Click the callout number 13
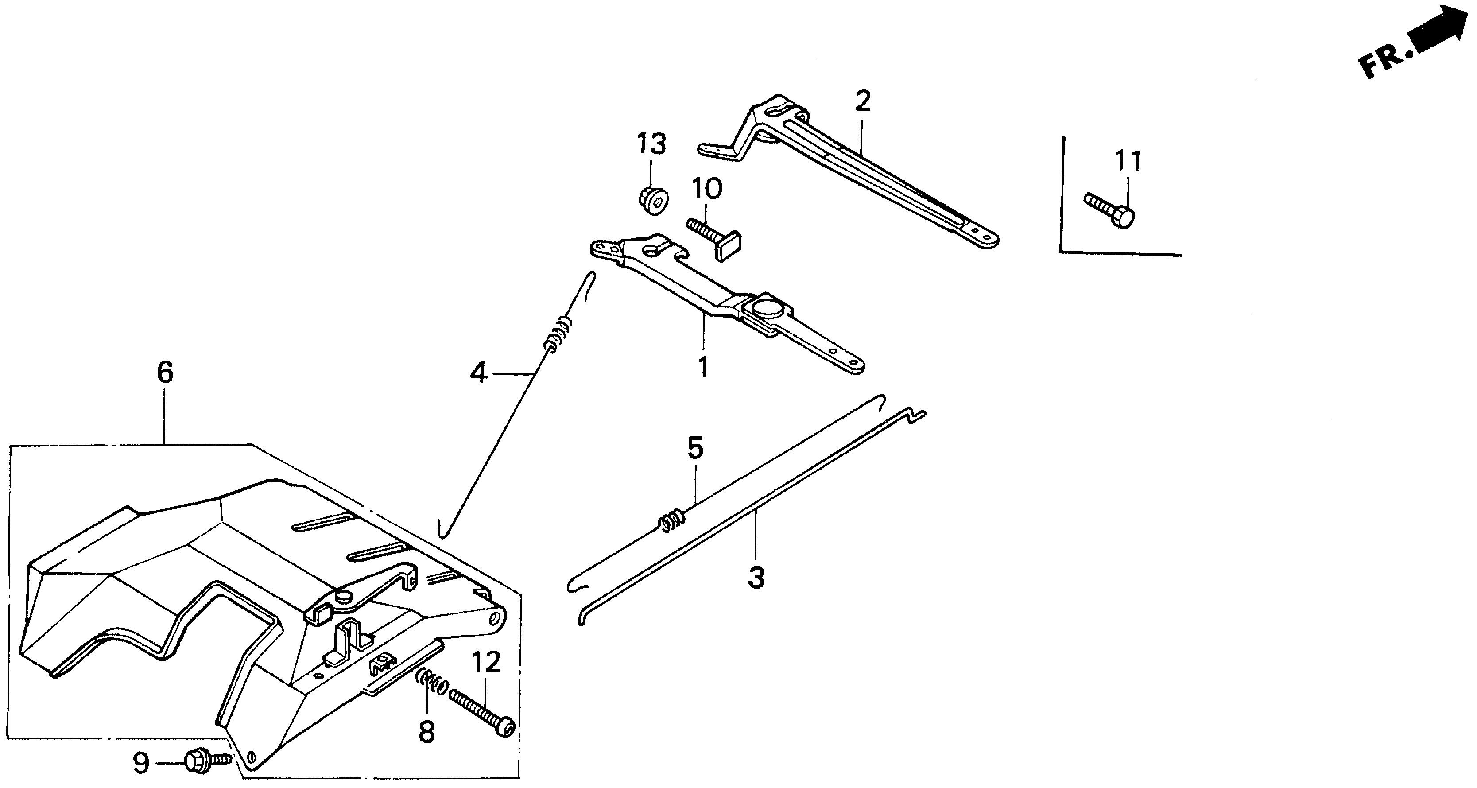tap(652, 144)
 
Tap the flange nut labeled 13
tap(654, 201)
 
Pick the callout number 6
tap(165, 373)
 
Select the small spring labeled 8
tap(432, 683)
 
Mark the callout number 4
tap(478, 374)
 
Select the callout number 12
tap(486, 664)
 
